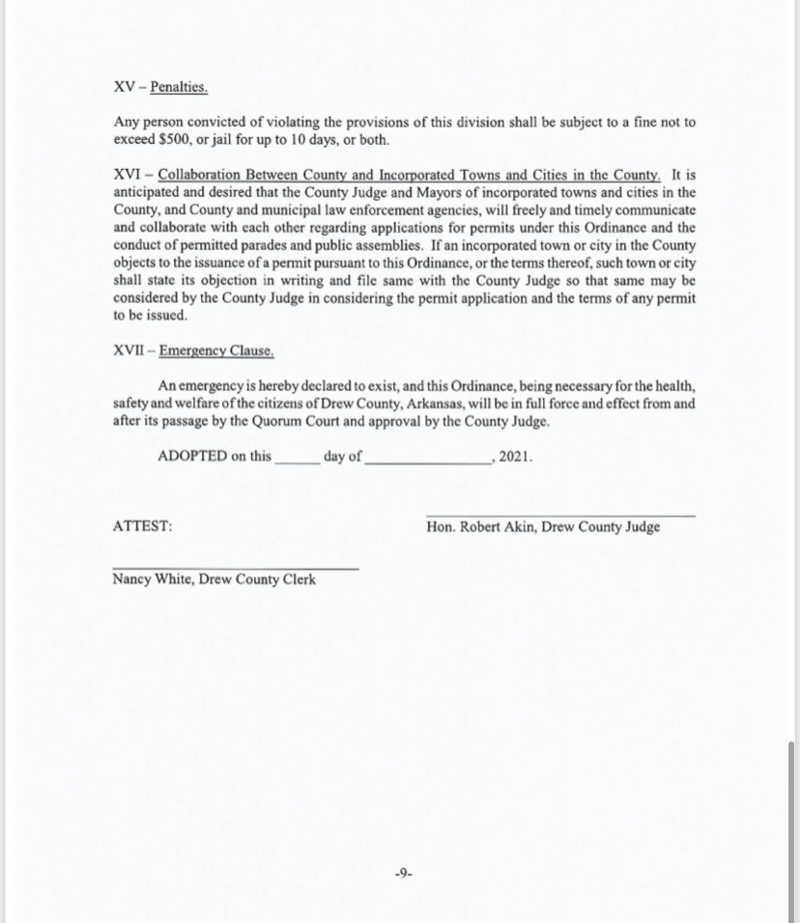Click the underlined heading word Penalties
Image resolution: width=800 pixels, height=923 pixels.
pyautogui.click(x=179, y=87)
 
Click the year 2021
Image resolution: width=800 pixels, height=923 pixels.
pyautogui.click(x=516, y=457)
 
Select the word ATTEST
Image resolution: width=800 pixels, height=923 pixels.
pyautogui.click(x=143, y=527)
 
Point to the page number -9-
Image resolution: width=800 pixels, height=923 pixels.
pyautogui.click(x=404, y=874)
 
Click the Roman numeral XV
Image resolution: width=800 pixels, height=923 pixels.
pyautogui.click(x=124, y=87)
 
